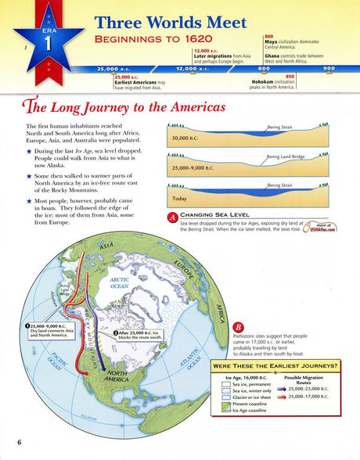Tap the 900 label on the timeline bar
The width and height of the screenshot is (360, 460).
pos(329,69)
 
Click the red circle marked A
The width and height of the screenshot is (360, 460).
pos(171,217)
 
